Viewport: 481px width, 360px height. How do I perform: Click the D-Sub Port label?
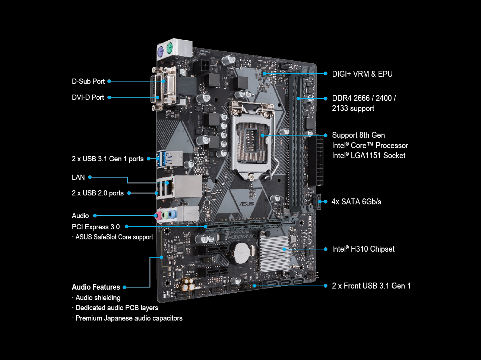[88, 81]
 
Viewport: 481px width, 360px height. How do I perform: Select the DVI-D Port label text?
[88, 97]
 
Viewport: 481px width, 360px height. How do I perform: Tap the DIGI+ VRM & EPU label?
[362, 74]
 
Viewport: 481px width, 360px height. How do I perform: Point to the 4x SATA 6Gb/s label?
[356, 202]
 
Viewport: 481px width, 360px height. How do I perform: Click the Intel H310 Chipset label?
[363, 249]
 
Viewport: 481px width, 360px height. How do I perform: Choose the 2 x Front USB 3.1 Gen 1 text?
[371, 286]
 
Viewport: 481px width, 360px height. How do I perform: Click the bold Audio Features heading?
[96, 287]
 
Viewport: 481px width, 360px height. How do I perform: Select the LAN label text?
[78, 177]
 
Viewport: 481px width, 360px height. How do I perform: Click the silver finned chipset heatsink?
[275, 253]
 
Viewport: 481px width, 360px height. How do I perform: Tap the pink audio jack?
[158, 215]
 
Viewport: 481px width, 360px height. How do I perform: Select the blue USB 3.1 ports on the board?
[161, 159]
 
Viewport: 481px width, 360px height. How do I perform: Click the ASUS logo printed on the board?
[247, 203]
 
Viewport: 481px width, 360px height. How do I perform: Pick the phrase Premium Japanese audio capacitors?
[129, 318]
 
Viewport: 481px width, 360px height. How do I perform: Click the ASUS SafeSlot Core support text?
[114, 237]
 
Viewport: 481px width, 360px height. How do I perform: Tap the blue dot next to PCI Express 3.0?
[127, 226]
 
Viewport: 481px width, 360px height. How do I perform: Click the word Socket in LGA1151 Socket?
[394, 156]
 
